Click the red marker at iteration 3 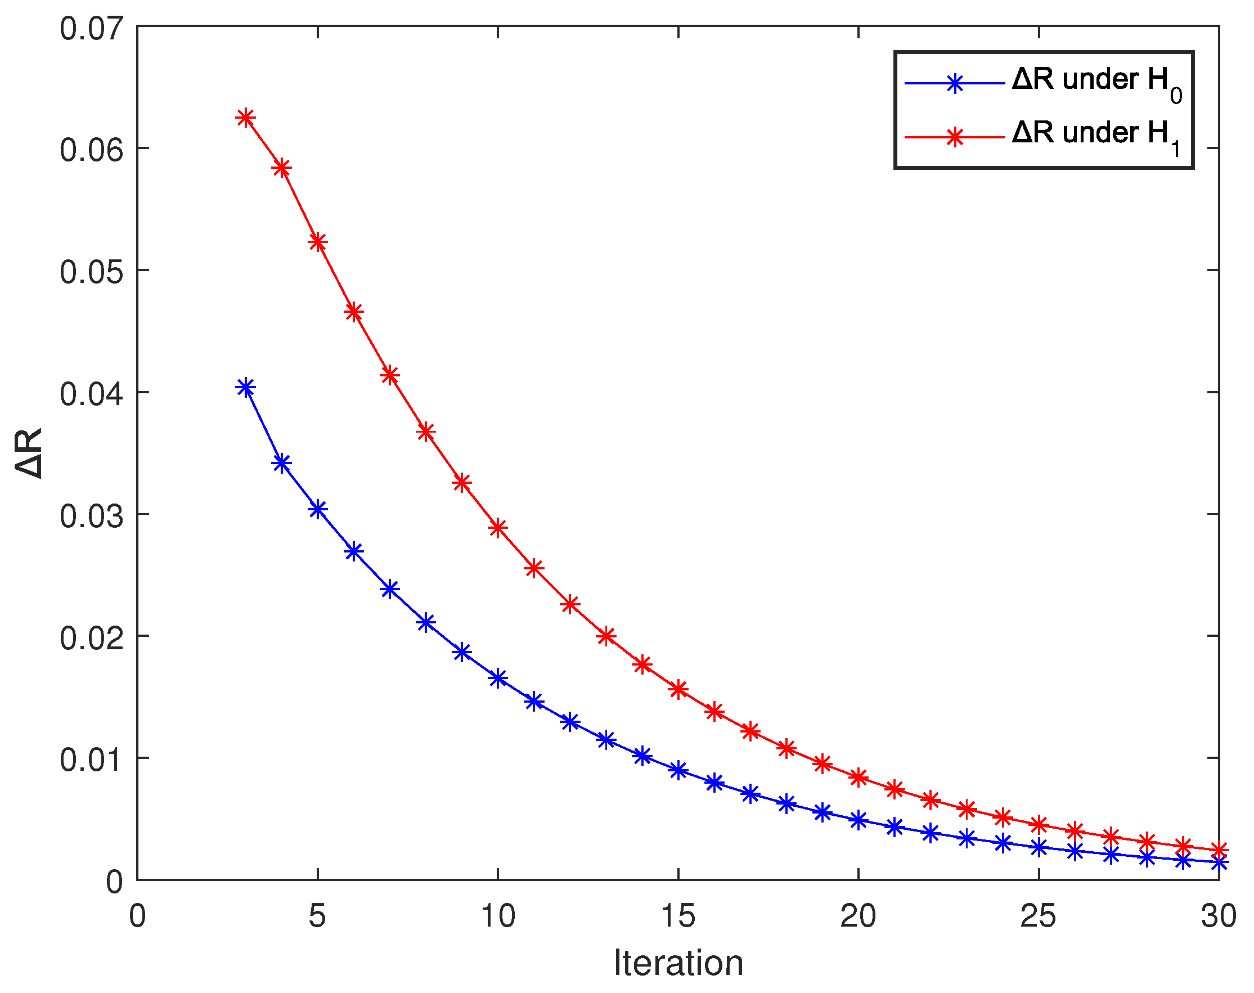246,118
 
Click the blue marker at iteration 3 246,387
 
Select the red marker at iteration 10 498,528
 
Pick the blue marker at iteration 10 498,678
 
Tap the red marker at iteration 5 317,242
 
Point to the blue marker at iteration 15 678,770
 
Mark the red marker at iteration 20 859,778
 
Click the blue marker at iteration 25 1039,848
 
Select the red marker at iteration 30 1219,850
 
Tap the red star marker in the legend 955,137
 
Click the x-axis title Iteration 678,963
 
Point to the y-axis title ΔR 29,453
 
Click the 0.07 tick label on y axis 91,28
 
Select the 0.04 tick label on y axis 91,394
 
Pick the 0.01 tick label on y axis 91,760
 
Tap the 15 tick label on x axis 678,917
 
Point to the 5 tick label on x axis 317,917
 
